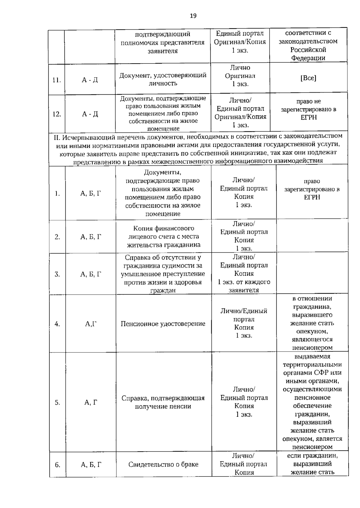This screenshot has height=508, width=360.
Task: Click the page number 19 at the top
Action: [193, 16]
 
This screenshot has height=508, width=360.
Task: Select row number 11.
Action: [56, 80]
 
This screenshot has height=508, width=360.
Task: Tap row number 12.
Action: [56, 114]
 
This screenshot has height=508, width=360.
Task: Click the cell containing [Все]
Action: [308, 78]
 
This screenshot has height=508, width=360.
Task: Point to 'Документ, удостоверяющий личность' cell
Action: [163, 79]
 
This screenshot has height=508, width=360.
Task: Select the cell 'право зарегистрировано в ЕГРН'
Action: [312, 189]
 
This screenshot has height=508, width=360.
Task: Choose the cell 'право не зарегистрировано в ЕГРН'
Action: [308, 109]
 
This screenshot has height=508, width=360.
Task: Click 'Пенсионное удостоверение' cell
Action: [163, 324]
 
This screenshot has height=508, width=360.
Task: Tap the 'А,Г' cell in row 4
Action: [91, 324]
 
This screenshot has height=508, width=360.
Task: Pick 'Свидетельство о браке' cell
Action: [163, 465]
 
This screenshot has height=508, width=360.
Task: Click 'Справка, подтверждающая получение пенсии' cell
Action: [163, 402]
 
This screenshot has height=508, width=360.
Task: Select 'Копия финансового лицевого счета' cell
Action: [163, 236]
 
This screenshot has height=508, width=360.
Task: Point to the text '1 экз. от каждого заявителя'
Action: [244, 286]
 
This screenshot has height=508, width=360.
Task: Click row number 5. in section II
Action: [57, 403]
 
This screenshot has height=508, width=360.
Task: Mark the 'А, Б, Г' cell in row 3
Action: [91, 274]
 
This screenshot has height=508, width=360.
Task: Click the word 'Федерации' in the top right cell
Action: [308, 58]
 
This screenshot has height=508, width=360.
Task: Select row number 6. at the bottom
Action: [57, 465]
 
